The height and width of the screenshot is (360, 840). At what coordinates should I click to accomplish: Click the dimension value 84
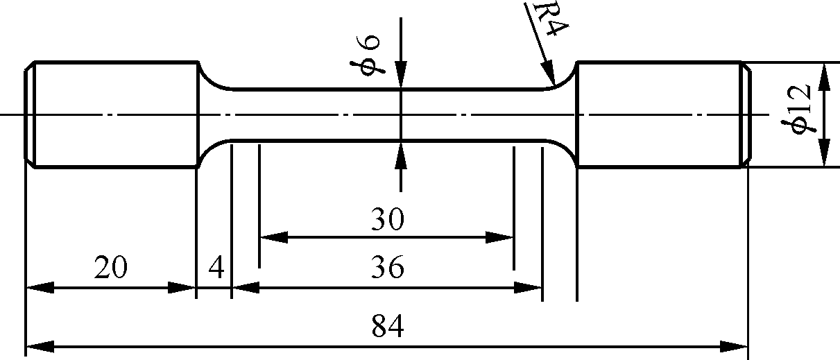[x=387, y=325]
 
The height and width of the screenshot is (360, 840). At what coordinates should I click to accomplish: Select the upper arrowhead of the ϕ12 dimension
[x=824, y=75]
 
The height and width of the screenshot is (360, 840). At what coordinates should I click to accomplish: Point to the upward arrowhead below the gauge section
[x=401, y=154]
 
